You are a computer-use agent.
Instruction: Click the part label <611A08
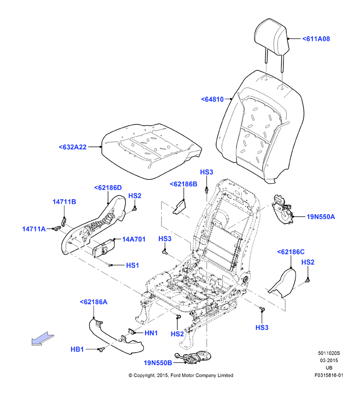pos(316,39)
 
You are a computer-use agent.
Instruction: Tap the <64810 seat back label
pos(212,99)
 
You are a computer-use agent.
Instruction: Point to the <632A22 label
pos(73,147)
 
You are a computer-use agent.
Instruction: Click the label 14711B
pos(64,202)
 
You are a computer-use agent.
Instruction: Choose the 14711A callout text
pos(34,229)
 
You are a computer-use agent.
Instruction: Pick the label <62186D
pos(108,188)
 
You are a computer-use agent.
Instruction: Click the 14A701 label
pos(134,239)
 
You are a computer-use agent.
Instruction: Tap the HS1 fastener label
pos(132,265)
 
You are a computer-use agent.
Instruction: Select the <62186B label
pos(184,184)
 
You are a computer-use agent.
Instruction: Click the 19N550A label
pos(321,217)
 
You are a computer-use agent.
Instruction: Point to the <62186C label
pos(291,252)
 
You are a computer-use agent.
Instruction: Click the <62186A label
pos(94,302)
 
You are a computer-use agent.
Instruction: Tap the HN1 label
pos(151,333)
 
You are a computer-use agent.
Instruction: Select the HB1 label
pos(77,349)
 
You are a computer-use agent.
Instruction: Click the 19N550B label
pos(158,362)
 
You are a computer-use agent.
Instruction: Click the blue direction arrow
pos(43,339)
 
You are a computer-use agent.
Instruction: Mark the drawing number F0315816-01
pos(329,375)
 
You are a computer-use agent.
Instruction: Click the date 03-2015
pos(329,361)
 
